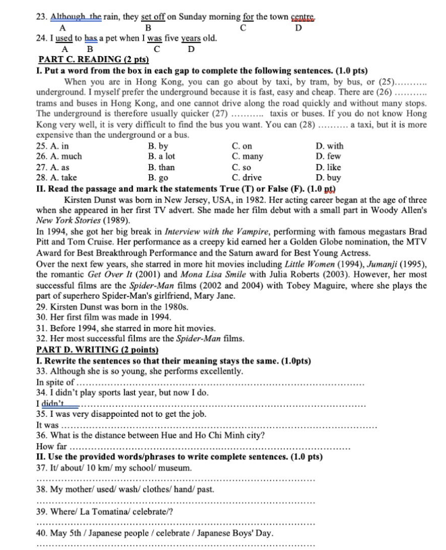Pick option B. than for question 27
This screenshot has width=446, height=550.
161,168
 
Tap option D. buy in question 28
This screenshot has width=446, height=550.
329,178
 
